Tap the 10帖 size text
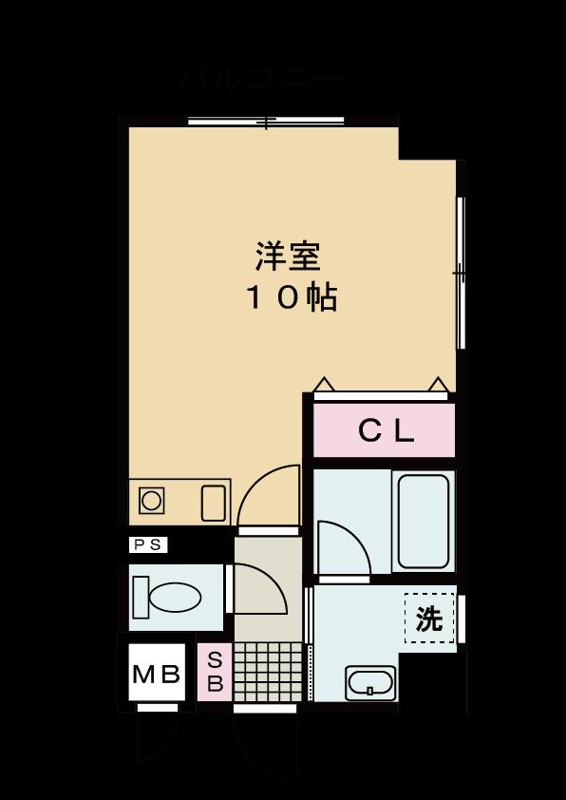(292, 298)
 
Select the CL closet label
(386, 431)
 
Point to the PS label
(148, 544)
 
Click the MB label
(155, 676)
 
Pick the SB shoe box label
(215, 672)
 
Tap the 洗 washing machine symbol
(429, 619)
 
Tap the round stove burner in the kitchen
(151, 500)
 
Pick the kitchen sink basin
(214, 500)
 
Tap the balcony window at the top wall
(266, 122)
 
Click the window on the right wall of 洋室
(461, 273)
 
